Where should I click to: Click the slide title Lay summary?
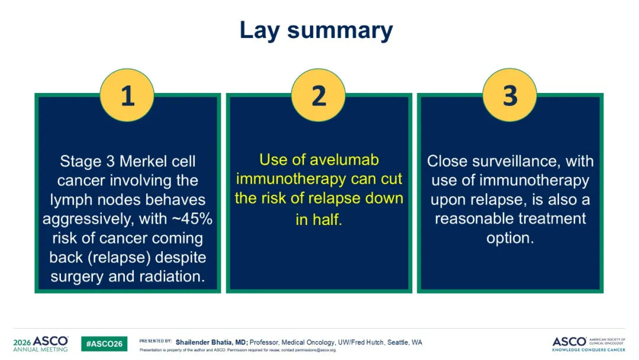point(316,31)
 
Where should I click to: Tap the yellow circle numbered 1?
point(127,95)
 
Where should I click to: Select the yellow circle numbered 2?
point(318,95)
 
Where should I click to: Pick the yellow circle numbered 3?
point(509,95)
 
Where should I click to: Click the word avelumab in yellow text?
point(344,160)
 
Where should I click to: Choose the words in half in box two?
point(319,220)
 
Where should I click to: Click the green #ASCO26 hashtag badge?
point(104,343)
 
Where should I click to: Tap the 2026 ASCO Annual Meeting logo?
point(41,344)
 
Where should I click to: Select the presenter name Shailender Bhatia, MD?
point(211,342)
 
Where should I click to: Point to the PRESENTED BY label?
point(155,341)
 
